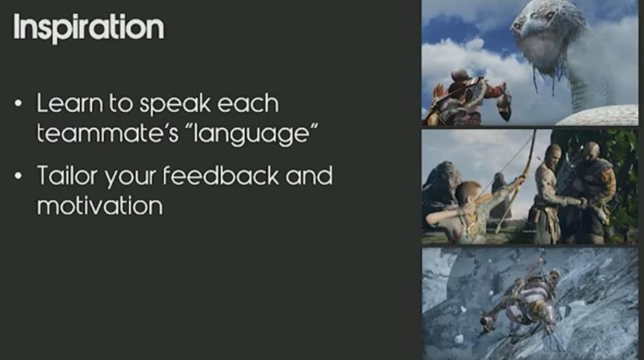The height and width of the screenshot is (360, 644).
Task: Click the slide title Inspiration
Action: coord(89,28)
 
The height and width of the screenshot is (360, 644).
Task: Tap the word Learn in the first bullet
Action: coord(70,103)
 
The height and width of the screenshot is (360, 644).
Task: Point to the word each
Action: coord(247,103)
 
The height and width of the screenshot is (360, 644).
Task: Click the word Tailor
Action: coord(68,176)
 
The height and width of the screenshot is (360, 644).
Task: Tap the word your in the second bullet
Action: coord(130,178)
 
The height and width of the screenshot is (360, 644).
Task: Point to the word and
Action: coord(309,175)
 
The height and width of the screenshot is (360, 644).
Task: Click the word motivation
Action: coord(100,205)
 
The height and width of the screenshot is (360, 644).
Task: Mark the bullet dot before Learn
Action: coord(18,103)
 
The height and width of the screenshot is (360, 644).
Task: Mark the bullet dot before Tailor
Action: coord(18,176)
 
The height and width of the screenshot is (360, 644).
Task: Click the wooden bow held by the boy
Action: coord(516,180)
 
